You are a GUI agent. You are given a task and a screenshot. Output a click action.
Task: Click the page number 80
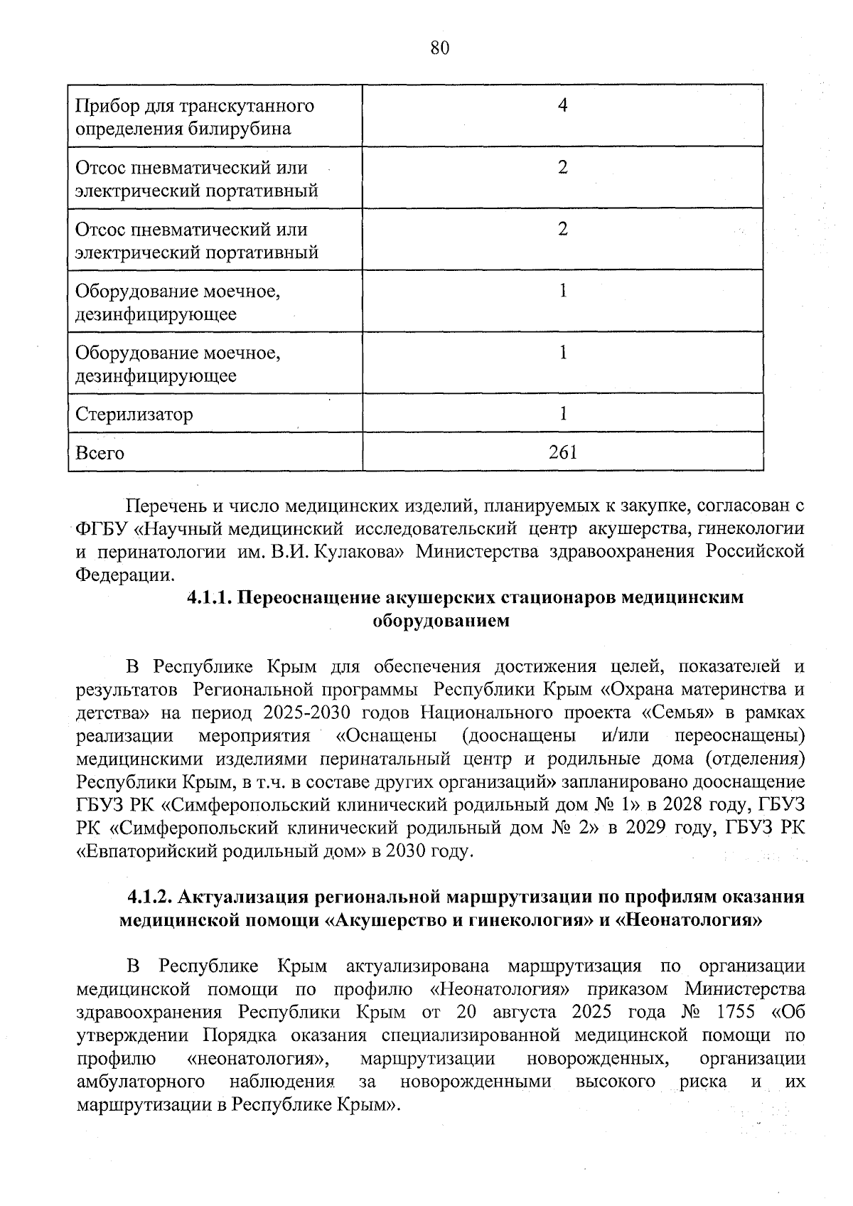click(x=440, y=48)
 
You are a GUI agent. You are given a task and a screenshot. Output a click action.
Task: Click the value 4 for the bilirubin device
click(x=562, y=106)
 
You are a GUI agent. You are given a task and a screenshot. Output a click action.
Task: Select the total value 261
click(x=562, y=452)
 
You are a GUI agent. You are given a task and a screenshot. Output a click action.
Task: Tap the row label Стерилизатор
click(x=134, y=414)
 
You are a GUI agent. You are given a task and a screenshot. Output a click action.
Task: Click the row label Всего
click(x=100, y=453)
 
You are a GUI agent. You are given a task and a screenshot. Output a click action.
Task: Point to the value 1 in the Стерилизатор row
click(x=562, y=413)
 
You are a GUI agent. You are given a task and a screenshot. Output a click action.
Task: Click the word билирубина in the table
click(x=241, y=129)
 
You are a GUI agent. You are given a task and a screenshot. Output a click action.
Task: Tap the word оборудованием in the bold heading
click(x=441, y=620)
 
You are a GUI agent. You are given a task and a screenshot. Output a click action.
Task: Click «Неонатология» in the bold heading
click(x=689, y=919)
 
